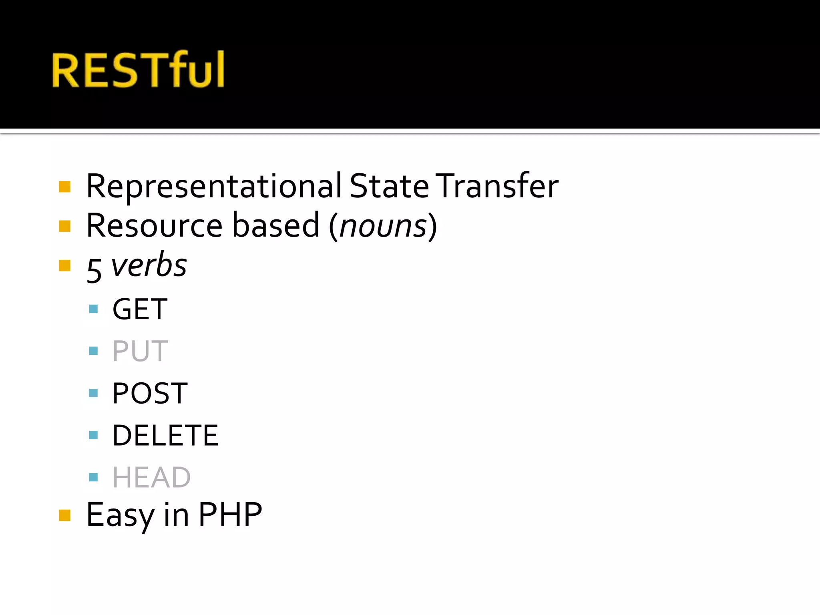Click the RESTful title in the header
(138, 70)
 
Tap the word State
(389, 186)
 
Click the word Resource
(154, 225)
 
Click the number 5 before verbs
(94, 270)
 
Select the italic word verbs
(149, 265)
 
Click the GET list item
(140, 309)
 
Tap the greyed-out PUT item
(140, 351)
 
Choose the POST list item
(150, 393)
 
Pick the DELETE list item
(165, 435)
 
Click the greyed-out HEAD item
(151, 477)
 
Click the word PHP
(230, 515)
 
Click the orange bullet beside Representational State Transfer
(64, 187)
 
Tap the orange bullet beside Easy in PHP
(64, 515)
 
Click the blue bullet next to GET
(93, 309)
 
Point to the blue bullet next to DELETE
(93, 435)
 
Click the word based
(276, 225)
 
